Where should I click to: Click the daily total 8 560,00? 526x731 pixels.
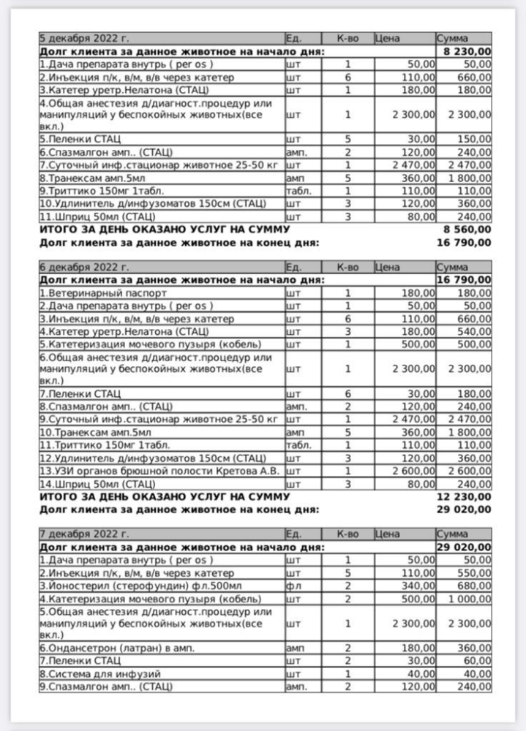point(467,229)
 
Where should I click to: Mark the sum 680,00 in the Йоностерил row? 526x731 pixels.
point(475,585)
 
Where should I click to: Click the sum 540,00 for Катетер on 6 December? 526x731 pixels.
point(475,331)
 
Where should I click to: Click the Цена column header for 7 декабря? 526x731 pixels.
point(387,533)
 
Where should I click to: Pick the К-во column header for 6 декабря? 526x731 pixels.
point(347,267)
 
